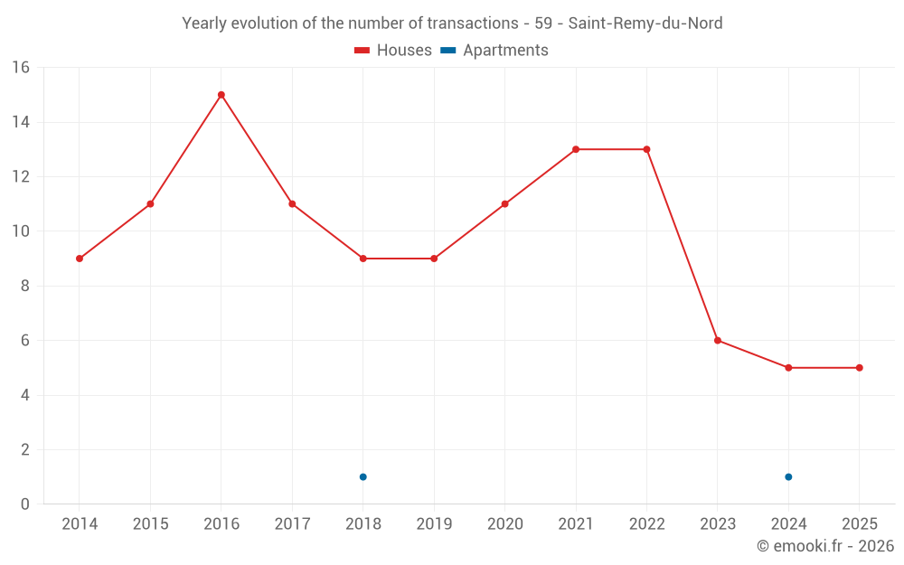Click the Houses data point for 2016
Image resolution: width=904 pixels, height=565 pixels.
pos(221,95)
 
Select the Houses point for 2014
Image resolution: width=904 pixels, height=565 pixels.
pos(80,259)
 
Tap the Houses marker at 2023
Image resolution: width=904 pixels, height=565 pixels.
pos(718,341)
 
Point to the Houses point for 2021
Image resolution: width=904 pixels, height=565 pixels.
pos(576,149)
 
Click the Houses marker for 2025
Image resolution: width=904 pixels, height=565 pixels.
pos(860,368)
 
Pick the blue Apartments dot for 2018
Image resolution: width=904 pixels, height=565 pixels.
pos(363,477)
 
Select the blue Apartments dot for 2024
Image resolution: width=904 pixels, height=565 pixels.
pos(788,477)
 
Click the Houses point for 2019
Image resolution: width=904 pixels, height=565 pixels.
pos(434,259)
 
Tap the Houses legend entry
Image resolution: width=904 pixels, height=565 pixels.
pos(393,51)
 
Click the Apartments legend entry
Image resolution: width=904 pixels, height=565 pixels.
pos(494,51)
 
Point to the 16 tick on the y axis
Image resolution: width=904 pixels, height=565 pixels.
pos(20,68)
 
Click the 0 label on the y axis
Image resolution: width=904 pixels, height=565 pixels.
pos(24,504)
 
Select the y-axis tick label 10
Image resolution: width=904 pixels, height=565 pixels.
pos(20,231)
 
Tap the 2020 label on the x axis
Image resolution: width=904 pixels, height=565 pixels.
pos(504,524)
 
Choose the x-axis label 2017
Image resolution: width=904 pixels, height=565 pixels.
pos(292,524)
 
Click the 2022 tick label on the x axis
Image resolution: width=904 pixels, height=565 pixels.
pos(646,524)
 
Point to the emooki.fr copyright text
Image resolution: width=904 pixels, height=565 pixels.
pos(824,546)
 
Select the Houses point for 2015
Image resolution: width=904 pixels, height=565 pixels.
pos(150,204)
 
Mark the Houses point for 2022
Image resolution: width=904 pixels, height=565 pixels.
pos(646,149)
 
